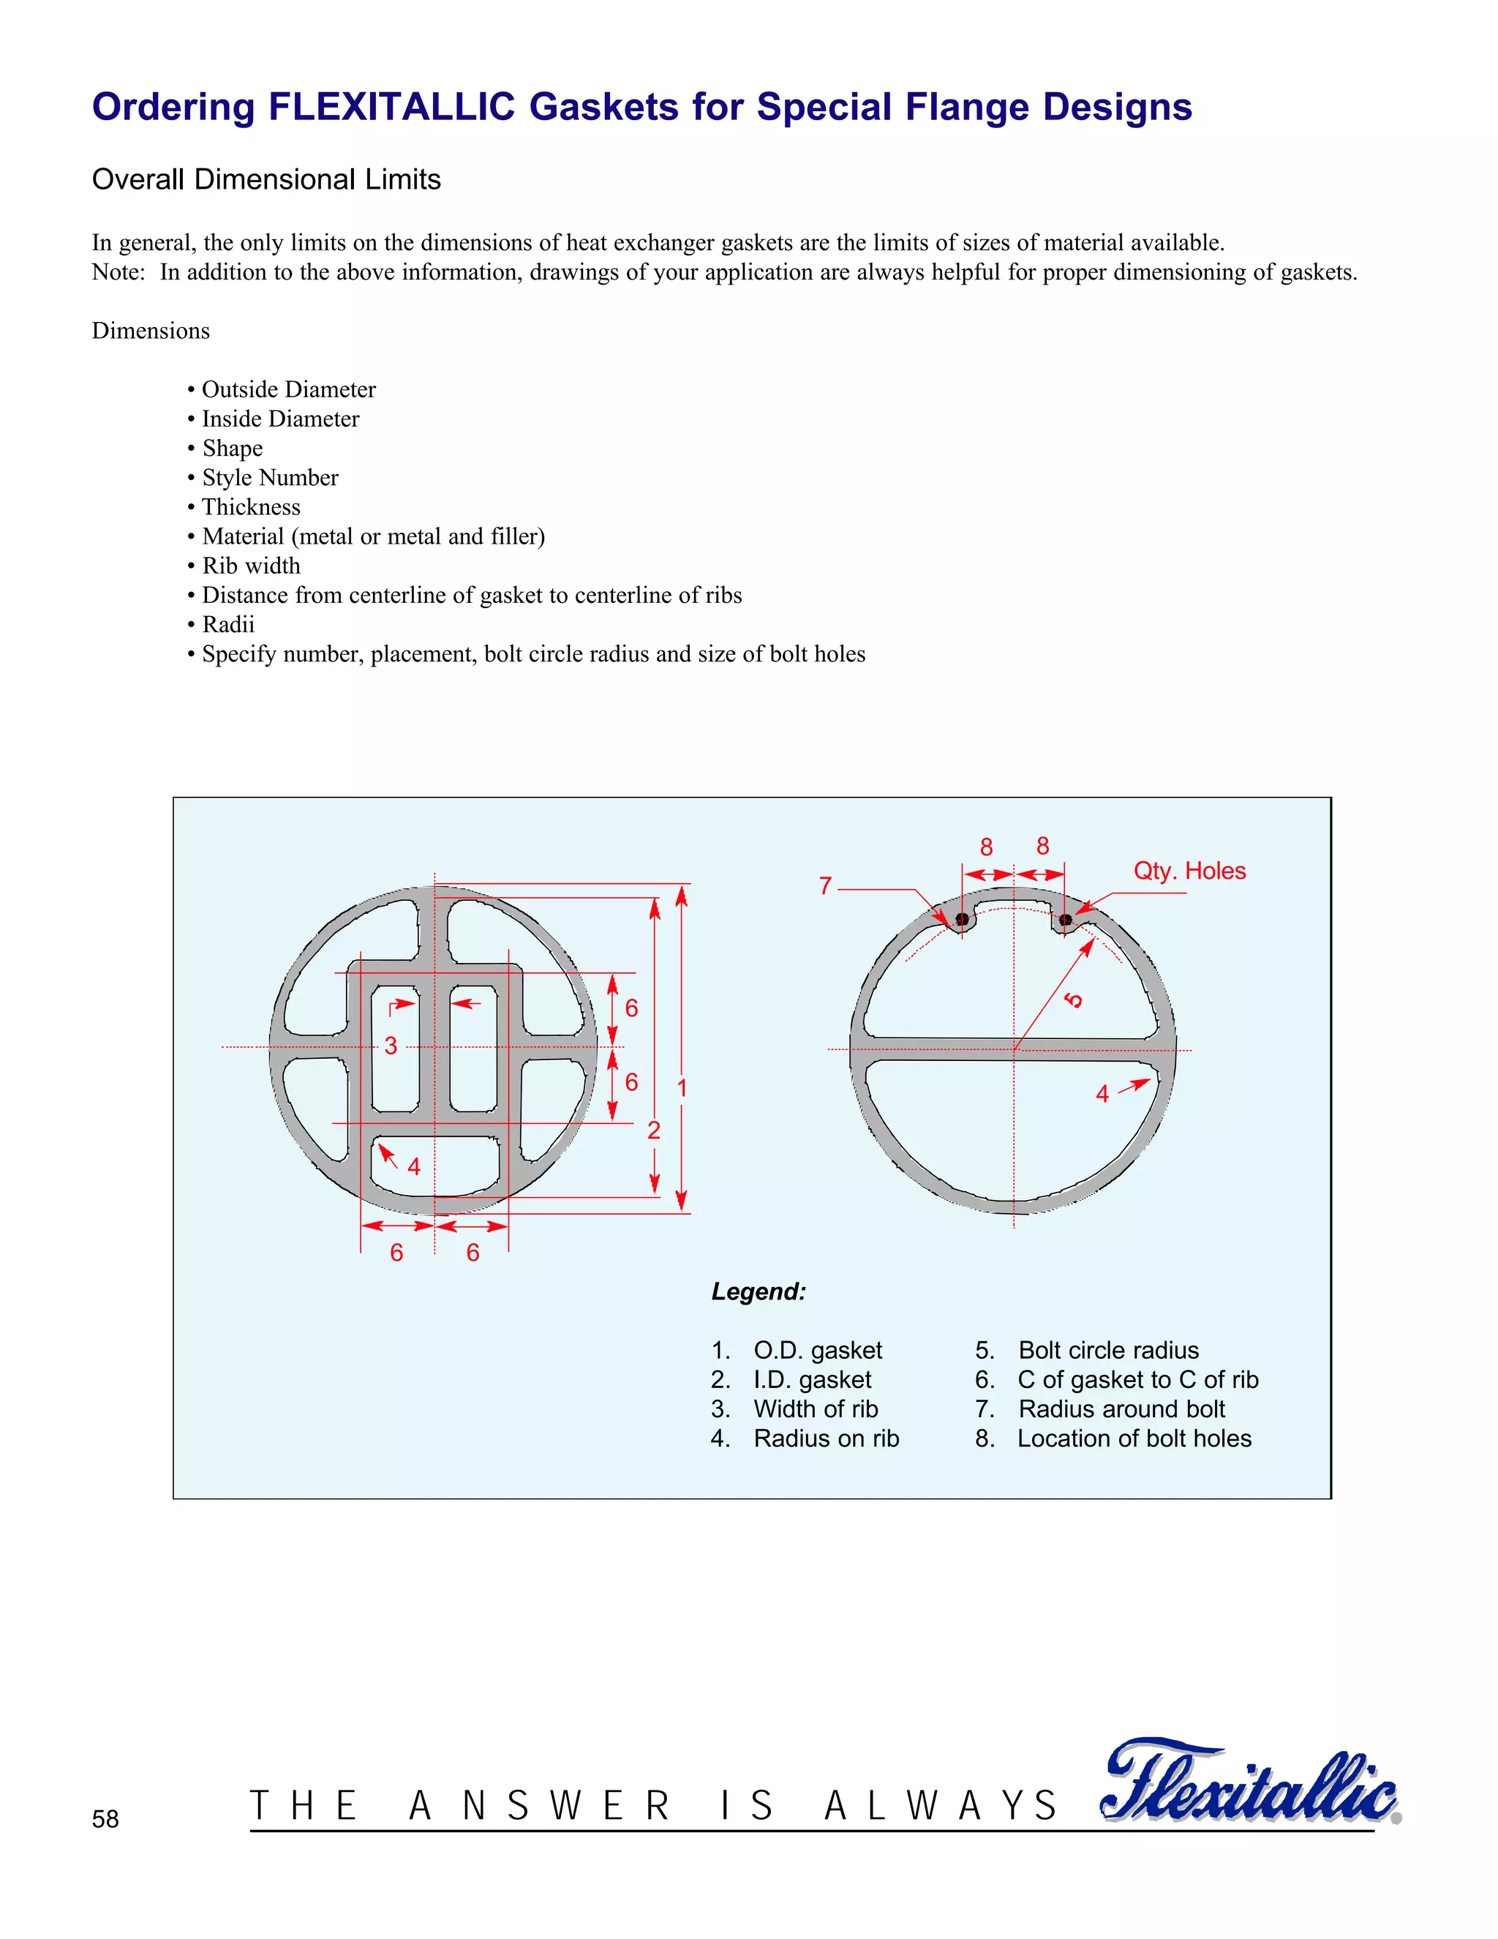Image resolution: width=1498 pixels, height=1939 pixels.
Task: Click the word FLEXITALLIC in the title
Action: [x=391, y=108]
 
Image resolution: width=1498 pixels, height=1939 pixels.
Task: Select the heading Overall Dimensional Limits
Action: [x=266, y=179]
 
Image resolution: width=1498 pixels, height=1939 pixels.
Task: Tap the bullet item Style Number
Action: [x=270, y=478]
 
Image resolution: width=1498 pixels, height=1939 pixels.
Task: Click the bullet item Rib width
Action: [x=251, y=566]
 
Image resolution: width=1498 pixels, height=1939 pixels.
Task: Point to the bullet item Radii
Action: [x=228, y=624]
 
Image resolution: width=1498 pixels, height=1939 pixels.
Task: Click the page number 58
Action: [x=105, y=1819]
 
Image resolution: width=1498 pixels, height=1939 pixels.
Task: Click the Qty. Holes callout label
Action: [x=1189, y=871]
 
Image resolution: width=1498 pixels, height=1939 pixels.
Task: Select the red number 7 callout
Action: [x=825, y=886]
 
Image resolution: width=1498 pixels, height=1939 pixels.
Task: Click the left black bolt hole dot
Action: [x=962, y=919]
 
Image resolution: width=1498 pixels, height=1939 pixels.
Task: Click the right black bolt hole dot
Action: [x=1065, y=919]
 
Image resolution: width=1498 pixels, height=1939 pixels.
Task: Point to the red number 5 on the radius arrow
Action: [x=1074, y=1000]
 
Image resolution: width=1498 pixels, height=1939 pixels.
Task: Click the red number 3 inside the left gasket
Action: [x=391, y=1045]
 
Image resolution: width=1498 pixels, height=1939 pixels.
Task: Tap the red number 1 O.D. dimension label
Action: [x=682, y=1087]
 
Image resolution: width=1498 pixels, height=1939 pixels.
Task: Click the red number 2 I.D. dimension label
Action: [x=654, y=1130]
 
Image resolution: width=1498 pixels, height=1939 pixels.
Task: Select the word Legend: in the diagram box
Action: [x=759, y=1291]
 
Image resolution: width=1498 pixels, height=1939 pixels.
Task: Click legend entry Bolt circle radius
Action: [x=1108, y=1351]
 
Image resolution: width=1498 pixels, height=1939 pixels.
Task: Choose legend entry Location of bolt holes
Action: [x=1134, y=1439]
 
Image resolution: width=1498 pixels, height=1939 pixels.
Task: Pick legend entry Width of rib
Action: [x=816, y=1409]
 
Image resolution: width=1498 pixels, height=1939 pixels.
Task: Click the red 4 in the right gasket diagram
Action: [x=1102, y=1094]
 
